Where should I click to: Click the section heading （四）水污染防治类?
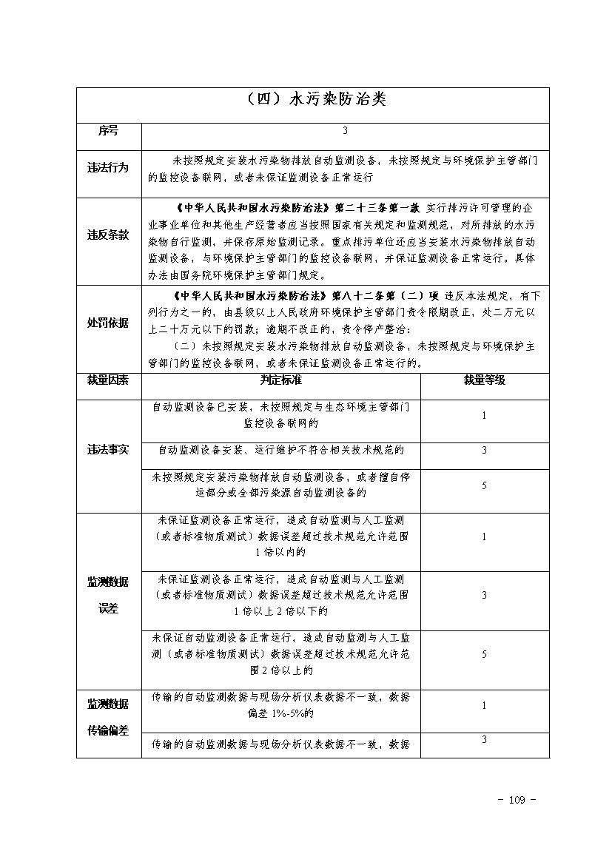[x=315, y=100]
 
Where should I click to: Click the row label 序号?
[x=108, y=131]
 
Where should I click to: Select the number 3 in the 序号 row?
[x=345, y=131]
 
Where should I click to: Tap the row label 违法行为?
[x=108, y=168]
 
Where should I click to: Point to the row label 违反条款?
[x=108, y=235]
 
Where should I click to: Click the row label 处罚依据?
[x=108, y=323]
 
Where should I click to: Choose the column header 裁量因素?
[x=108, y=380]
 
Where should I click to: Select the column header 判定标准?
[x=281, y=380]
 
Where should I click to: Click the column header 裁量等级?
[x=484, y=380]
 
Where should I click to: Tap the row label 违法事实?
[x=108, y=450]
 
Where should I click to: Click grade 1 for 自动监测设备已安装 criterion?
[x=484, y=416]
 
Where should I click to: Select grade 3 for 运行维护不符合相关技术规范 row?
[x=484, y=450]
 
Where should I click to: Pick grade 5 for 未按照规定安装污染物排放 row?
[x=484, y=485]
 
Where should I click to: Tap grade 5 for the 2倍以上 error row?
[x=484, y=655]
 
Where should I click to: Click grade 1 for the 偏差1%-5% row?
[x=484, y=706]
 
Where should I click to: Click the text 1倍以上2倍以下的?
[x=280, y=611]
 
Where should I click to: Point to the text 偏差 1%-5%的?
[x=280, y=714]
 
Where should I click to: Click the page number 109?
[x=517, y=800]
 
